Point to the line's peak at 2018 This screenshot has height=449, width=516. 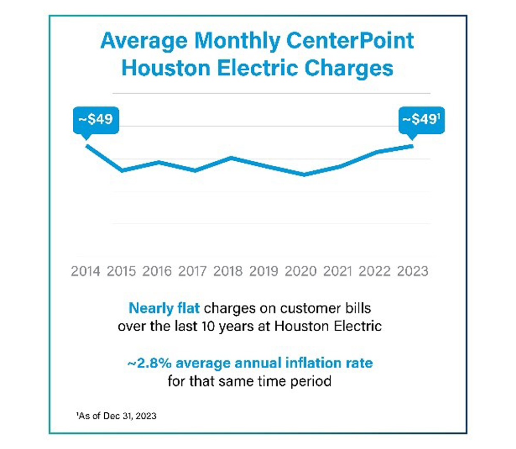(x=231, y=158)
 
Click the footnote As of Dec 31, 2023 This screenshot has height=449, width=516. (x=118, y=415)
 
